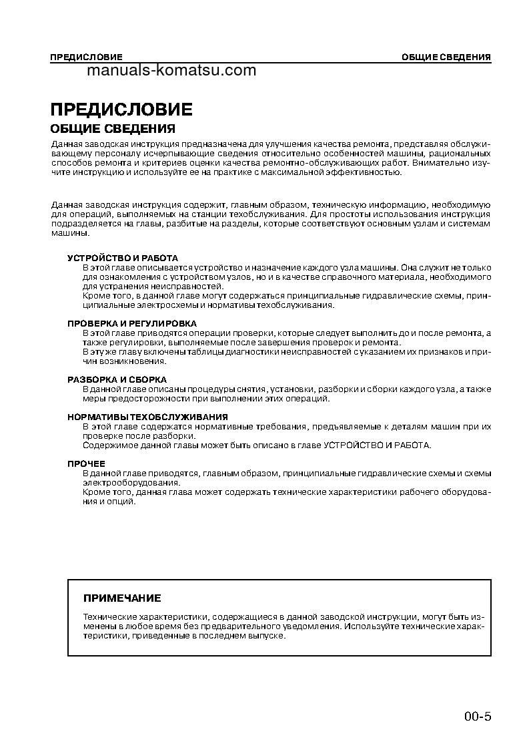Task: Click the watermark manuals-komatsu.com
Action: tap(171, 70)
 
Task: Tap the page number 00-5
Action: tap(478, 717)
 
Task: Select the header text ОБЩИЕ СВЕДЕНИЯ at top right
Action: tap(446, 57)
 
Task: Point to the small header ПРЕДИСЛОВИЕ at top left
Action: tap(86, 57)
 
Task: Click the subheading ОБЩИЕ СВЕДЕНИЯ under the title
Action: tap(113, 128)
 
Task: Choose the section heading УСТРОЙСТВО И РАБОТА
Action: tap(123, 258)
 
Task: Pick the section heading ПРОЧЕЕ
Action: tap(86, 463)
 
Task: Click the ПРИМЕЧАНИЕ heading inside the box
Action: tap(121, 598)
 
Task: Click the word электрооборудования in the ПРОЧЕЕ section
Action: tap(130, 482)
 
